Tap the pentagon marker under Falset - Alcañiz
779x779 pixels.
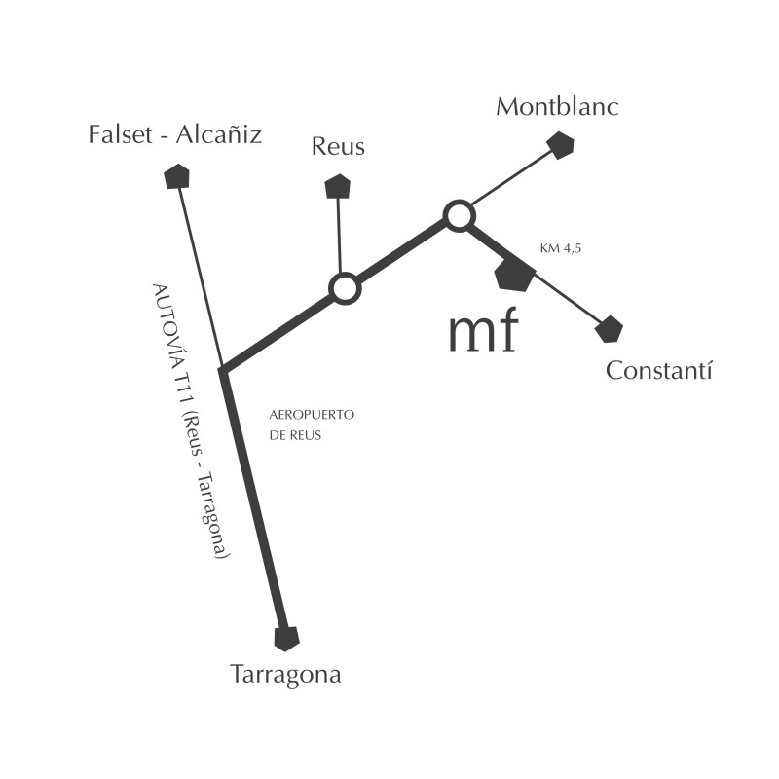point(177,176)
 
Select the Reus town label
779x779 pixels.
point(338,147)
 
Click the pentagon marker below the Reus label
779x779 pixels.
point(337,186)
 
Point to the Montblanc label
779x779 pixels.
point(557,107)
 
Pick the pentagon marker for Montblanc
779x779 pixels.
point(560,145)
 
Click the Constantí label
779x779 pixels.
point(659,371)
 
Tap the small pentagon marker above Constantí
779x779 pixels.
point(609,329)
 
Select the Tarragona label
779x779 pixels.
point(285,675)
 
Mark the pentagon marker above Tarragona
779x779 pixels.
point(286,639)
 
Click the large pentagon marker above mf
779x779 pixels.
point(513,275)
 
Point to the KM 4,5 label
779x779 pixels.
point(560,249)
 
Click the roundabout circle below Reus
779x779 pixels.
point(345,288)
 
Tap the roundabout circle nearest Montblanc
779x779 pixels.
point(459,215)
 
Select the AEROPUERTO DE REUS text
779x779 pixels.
point(311,426)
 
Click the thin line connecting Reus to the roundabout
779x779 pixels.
point(339,234)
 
